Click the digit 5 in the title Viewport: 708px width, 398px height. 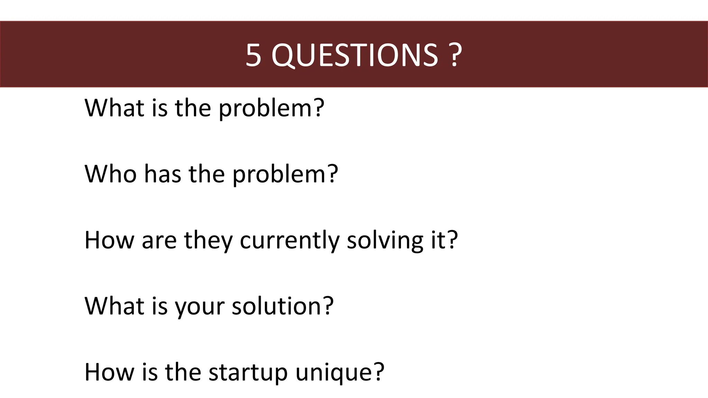[253, 55]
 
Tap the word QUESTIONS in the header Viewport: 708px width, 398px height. [355, 55]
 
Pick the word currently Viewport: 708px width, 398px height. [289, 240]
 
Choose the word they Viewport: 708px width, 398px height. [208, 240]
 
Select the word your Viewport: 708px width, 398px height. [199, 306]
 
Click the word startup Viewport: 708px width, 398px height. [248, 372]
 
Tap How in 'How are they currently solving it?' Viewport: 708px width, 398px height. [109, 240]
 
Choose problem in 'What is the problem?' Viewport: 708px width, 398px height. [266, 108]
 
